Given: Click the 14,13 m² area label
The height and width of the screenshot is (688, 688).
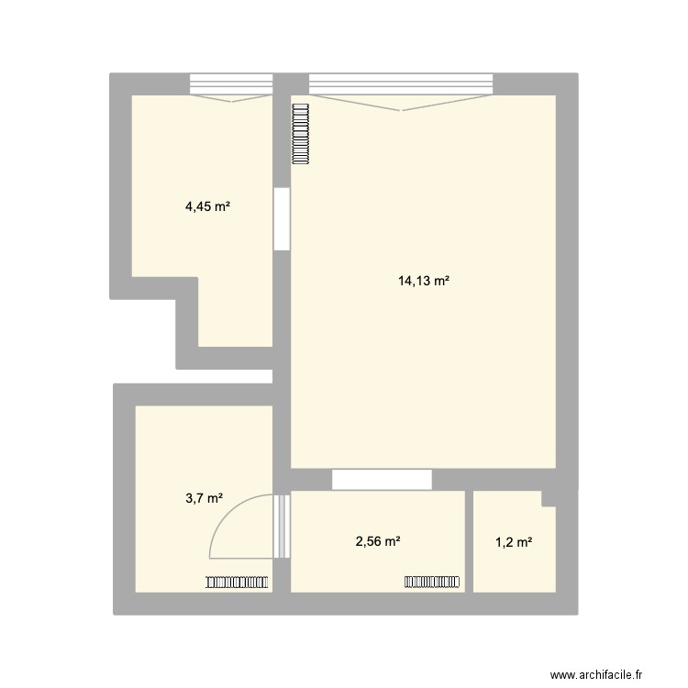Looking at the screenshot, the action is [424, 281].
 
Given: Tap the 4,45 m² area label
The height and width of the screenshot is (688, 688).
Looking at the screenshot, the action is [208, 206].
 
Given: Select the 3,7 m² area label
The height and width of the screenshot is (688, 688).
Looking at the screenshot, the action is [205, 498].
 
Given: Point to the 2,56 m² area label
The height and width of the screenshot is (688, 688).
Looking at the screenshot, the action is [378, 541].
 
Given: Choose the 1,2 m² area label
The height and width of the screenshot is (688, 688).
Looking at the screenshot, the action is [514, 543].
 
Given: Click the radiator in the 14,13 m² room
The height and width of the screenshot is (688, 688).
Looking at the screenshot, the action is [301, 134].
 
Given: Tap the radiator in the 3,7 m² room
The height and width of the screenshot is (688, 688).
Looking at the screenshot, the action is [237, 582].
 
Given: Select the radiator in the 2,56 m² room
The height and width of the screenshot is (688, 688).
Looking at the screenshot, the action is [432, 582].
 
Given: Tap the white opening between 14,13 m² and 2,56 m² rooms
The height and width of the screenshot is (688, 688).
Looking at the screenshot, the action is [382, 480].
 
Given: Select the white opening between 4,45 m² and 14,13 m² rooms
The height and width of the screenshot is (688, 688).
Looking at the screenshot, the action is [282, 219].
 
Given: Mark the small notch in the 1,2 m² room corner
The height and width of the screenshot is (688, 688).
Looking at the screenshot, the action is [549, 499].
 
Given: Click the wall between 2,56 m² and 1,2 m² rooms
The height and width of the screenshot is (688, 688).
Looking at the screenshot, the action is [469, 541].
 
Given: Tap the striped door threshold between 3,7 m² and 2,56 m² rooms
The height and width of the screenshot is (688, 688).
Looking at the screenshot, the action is [282, 527].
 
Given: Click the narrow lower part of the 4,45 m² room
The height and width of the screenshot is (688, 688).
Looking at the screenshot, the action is [235, 312].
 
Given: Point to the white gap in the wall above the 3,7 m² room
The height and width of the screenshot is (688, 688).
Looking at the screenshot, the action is [224, 376].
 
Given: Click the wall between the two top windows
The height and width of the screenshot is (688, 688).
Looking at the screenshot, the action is [291, 84].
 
